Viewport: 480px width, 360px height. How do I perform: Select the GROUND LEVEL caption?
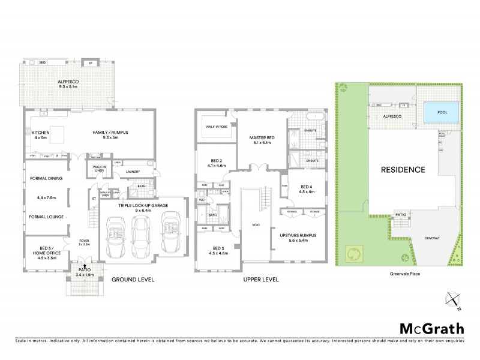tap(133, 280)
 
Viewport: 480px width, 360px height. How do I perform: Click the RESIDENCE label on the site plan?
tap(403, 169)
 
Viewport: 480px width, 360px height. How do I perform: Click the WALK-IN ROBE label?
tap(215, 127)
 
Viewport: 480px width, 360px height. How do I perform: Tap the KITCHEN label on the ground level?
tap(41, 132)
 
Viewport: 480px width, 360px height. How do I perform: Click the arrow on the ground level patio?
tap(85, 265)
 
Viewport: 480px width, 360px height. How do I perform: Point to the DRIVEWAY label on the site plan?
tap(432, 238)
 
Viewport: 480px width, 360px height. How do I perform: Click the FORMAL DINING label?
tap(46, 178)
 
